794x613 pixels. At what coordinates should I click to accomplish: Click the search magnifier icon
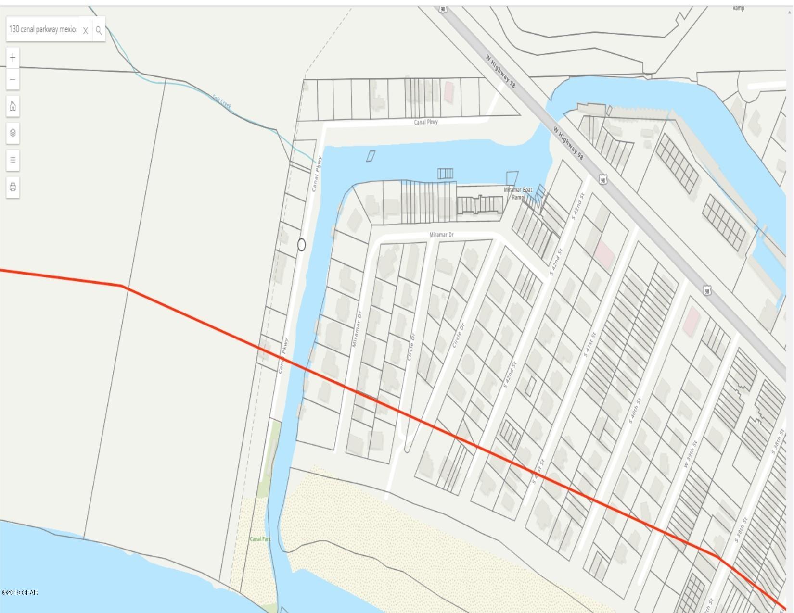click(x=99, y=30)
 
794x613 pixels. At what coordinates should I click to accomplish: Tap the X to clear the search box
click(x=85, y=31)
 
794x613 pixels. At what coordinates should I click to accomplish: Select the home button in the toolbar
click(x=13, y=106)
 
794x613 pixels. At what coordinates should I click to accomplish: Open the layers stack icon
click(x=13, y=133)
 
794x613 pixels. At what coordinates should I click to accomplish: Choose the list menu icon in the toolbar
click(x=13, y=160)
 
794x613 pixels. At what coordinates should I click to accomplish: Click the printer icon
click(x=13, y=187)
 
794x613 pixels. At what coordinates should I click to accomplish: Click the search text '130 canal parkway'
click(x=42, y=29)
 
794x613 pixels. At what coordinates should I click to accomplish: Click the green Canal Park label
click(x=260, y=539)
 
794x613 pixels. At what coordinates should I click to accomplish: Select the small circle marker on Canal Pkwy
click(x=301, y=245)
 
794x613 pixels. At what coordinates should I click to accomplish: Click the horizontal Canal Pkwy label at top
click(x=426, y=122)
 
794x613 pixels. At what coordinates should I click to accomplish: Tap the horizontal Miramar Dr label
click(x=441, y=235)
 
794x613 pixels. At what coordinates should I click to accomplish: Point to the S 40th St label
click(x=635, y=411)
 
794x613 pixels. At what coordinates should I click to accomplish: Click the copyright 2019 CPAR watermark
click(x=20, y=592)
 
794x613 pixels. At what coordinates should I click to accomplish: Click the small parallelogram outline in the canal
click(x=370, y=156)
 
